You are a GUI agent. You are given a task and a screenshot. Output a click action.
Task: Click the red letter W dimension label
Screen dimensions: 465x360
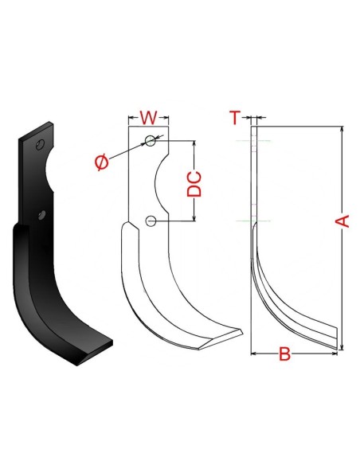[148, 119]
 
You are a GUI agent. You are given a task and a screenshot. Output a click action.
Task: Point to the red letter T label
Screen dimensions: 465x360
[234, 118]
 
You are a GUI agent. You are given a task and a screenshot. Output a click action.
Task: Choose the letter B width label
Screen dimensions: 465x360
[283, 355]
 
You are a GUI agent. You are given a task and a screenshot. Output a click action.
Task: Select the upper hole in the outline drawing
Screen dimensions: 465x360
[151, 141]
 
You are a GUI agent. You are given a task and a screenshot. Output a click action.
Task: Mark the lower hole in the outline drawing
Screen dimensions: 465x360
[151, 220]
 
